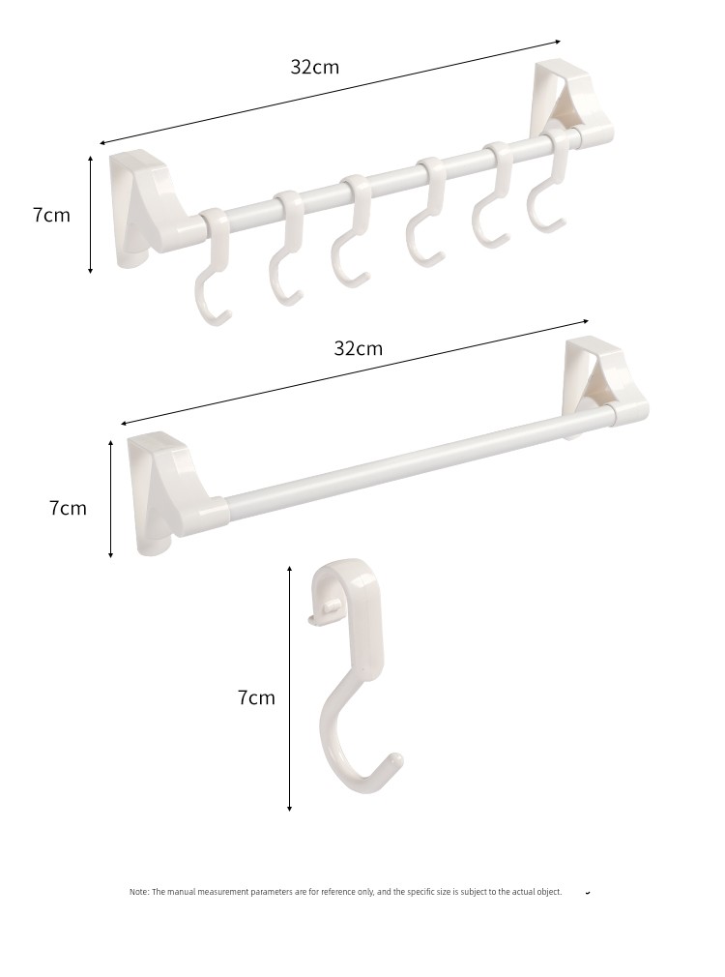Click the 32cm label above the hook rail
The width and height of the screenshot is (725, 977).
tap(314, 67)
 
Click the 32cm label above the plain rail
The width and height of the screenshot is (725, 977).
tap(358, 347)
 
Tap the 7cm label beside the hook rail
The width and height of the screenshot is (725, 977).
tap(51, 215)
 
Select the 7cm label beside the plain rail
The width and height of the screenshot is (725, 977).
tap(68, 508)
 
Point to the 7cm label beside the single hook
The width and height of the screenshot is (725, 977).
tap(256, 697)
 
